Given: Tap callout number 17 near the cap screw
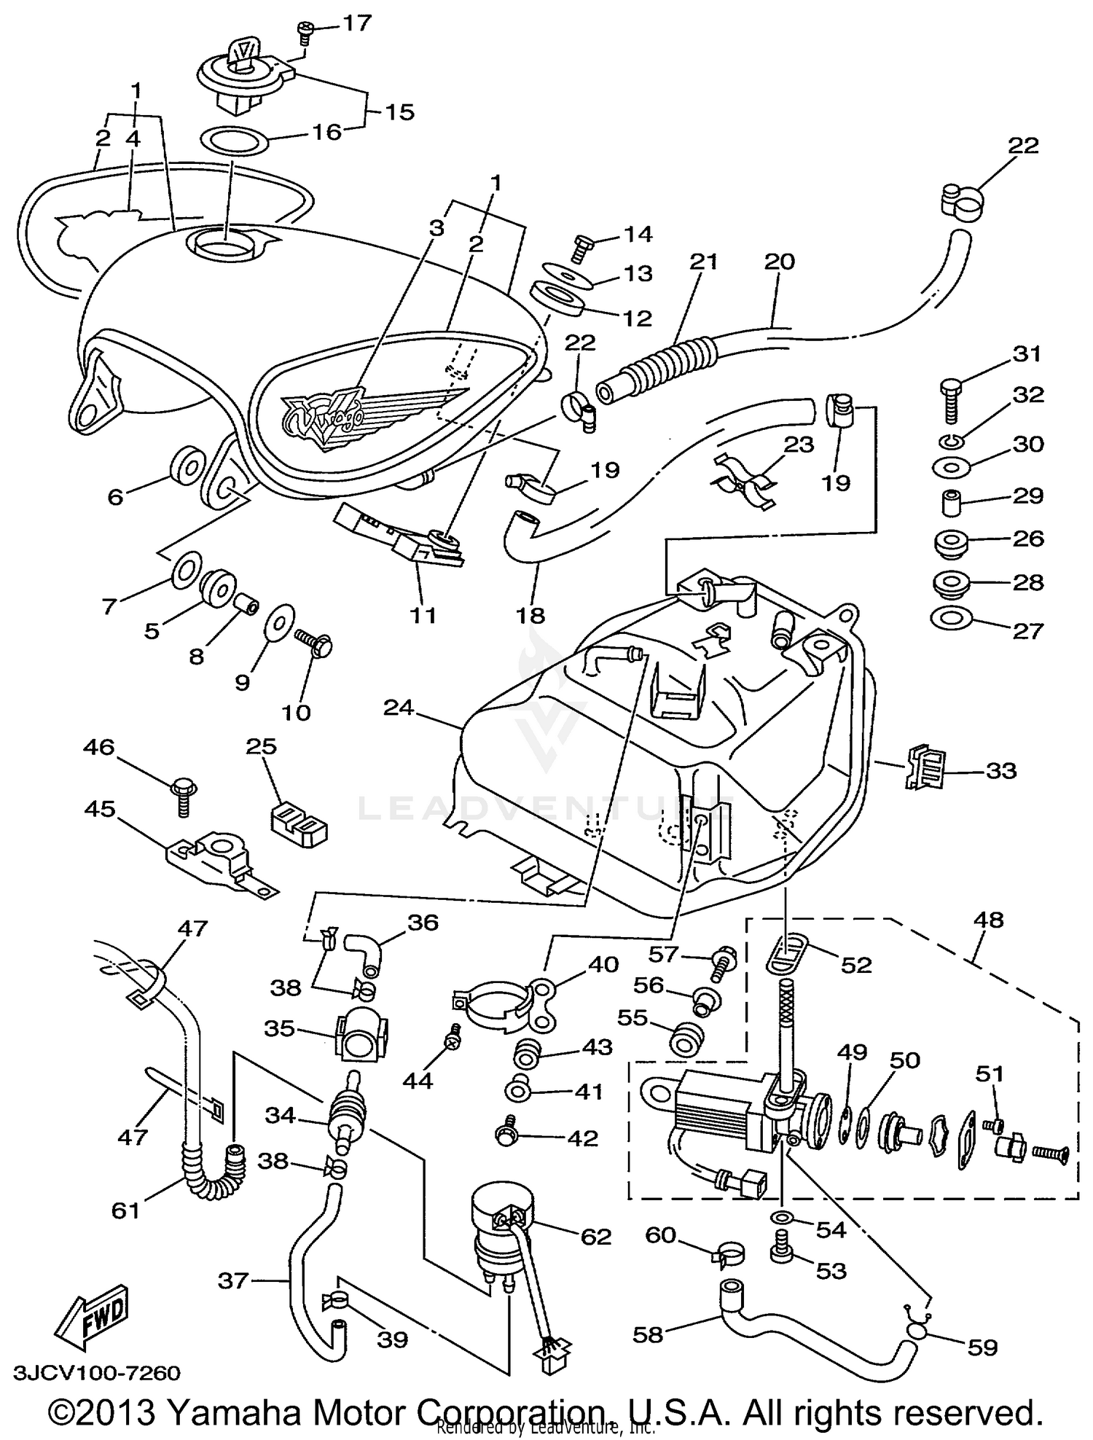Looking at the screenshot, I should point(357,23).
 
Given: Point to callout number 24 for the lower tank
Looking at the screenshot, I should point(399,708).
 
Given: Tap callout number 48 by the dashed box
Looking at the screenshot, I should point(987,920).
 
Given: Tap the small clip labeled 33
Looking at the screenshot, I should point(924,767).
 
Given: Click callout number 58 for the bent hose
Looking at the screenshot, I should point(648,1334).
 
